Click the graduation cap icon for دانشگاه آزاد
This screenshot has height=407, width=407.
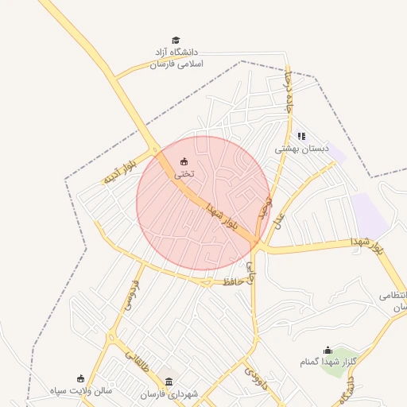(x=176, y=40)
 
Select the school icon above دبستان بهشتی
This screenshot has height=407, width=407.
(x=301, y=136)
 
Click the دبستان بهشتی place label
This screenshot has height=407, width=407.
(x=302, y=149)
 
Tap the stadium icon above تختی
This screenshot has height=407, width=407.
(x=184, y=161)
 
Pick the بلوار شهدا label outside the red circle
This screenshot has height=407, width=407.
(x=367, y=243)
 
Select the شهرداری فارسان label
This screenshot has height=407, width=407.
(x=168, y=394)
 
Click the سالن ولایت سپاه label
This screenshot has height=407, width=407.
(x=81, y=391)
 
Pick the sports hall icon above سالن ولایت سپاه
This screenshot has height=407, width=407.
(x=80, y=378)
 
